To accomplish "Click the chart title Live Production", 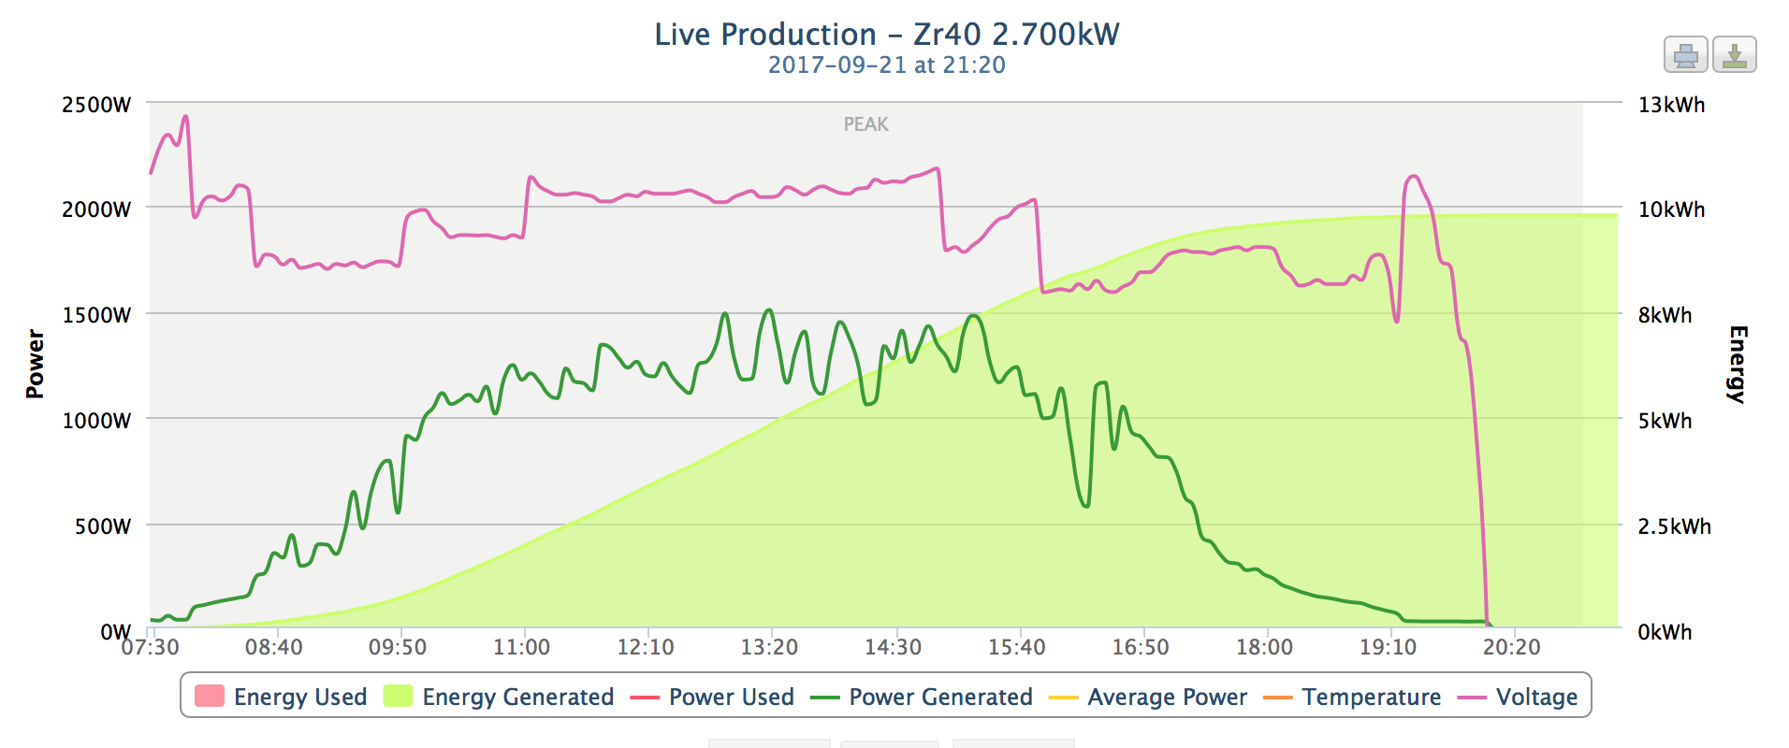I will [886, 35].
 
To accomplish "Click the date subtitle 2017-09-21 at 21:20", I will [886, 65].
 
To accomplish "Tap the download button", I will [1734, 55].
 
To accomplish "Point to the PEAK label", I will [865, 124].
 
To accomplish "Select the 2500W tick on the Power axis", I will [96, 105].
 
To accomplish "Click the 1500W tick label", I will [96, 315].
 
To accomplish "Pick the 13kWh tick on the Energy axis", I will [1671, 105].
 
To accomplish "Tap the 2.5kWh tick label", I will [1674, 526].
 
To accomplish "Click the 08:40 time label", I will [274, 647].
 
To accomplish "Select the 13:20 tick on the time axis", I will [769, 647].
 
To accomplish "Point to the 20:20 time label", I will [1511, 647].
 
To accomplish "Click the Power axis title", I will [35, 365].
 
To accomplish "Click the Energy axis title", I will [1738, 365].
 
